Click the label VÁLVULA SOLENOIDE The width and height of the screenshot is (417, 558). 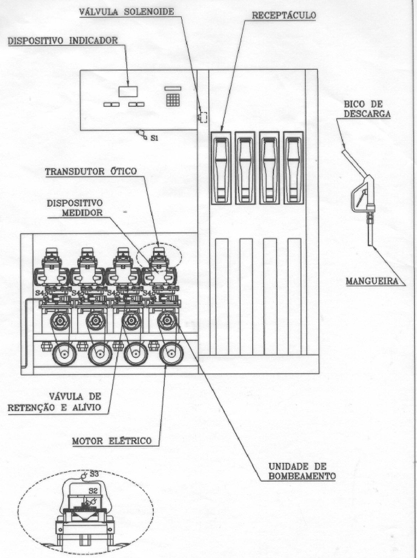coord(127,12)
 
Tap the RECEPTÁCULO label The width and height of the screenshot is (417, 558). coord(284,15)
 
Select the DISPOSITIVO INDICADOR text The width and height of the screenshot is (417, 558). coord(63,41)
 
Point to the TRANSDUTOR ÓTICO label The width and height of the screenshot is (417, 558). coord(91,171)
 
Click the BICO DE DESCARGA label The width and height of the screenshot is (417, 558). coord(367,109)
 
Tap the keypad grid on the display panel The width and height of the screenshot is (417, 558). coord(173,100)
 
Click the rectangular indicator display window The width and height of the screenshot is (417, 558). coord(128,91)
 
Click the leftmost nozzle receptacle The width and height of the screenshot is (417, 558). coord(221,168)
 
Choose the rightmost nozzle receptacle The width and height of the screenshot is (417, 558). coord(294,168)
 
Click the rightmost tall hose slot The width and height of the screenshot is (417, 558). coord(295,296)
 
